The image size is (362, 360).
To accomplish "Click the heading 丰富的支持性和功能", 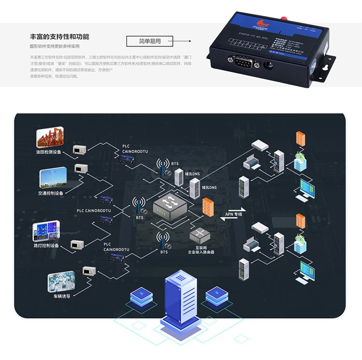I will (59, 37).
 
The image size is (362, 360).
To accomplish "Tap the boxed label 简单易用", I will (150, 41).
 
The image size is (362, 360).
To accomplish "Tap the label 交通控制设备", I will (50, 193).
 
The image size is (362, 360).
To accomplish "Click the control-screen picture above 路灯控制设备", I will (46, 231).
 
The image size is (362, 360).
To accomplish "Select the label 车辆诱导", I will (62, 296).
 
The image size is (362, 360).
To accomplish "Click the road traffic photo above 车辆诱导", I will (61, 280).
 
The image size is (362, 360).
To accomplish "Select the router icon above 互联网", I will (200, 235).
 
